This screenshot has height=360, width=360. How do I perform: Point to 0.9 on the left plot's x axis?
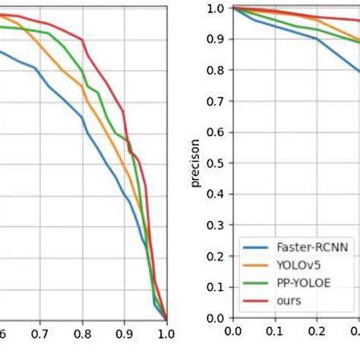click(124, 333)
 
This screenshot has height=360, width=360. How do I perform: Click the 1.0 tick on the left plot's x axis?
click(166, 333)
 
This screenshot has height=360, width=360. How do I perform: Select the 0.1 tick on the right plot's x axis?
click(274, 333)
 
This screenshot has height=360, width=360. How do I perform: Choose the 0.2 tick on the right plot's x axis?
click(316, 333)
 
